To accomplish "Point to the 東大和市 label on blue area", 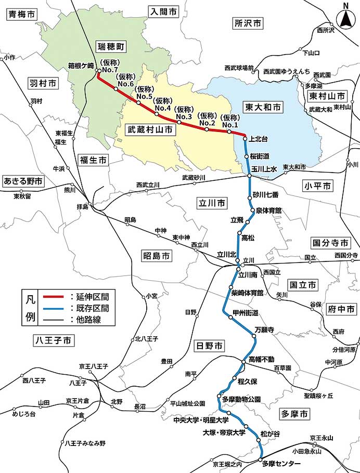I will [263, 107].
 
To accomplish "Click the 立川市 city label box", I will [212, 202].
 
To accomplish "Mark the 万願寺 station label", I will [264, 330].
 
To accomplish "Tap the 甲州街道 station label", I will [246, 312].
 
